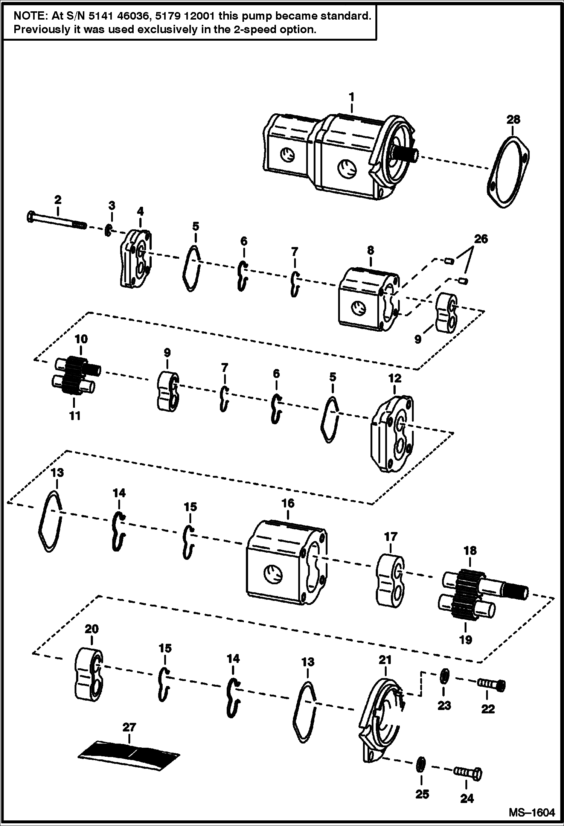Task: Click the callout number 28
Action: click(513, 120)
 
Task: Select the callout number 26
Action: click(481, 239)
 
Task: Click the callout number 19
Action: click(465, 639)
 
